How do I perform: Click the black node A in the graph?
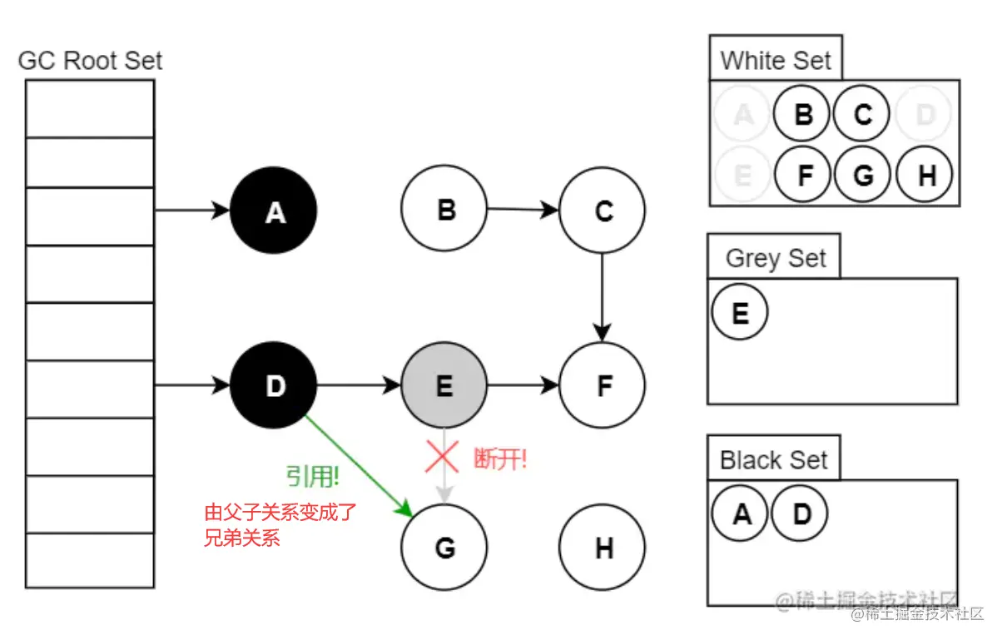click(x=274, y=212)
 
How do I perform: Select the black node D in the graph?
click(x=274, y=385)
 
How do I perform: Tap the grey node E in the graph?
click(x=444, y=385)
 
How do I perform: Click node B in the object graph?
click(x=444, y=210)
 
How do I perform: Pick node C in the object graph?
click(x=603, y=211)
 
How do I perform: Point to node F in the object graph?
click(x=603, y=385)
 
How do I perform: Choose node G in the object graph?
click(x=444, y=548)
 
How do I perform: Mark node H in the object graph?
click(x=603, y=548)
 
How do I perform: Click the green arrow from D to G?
click(x=358, y=462)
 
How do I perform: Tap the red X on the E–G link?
click(x=443, y=457)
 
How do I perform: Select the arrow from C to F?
click(x=603, y=295)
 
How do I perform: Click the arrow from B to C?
click(x=523, y=210)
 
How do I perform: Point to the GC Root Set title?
click(x=90, y=61)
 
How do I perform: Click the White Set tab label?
click(x=776, y=60)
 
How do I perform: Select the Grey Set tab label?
click(x=776, y=258)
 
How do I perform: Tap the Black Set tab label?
click(x=774, y=459)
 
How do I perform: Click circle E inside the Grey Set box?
click(x=740, y=314)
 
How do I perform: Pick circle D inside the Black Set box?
click(x=801, y=514)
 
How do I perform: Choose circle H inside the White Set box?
click(x=926, y=176)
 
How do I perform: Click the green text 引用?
click(x=313, y=477)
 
